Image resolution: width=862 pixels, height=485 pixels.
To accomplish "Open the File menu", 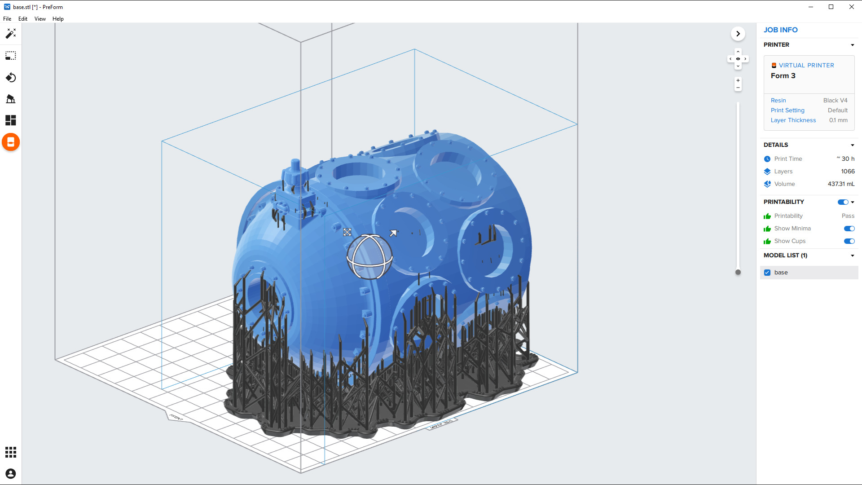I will (x=7, y=19).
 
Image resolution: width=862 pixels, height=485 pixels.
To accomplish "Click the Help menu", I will (x=58, y=19).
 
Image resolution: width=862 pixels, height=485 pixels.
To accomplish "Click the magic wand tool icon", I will (x=11, y=34).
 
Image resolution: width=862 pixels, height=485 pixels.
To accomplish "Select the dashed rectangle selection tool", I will (x=11, y=56).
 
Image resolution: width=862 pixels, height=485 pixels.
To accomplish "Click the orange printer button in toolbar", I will (x=11, y=142).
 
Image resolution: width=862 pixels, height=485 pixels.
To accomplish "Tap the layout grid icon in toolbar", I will (x=11, y=120).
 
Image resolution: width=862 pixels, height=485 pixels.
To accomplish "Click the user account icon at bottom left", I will (x=11, y=474).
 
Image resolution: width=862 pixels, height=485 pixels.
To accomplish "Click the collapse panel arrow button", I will (x=738, y=34).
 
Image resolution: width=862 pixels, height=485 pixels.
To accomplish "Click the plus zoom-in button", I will (x=738, y=80).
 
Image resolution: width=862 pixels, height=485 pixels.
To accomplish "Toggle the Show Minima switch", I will (x=849, y=229).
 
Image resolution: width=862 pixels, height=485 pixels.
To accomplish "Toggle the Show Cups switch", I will (x=849, y=241).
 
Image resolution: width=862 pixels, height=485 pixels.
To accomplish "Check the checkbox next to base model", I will (x=767, y=273).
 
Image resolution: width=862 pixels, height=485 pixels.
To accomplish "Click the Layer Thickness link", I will (x=793, y=120).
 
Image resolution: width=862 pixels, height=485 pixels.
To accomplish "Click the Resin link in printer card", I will (x=778, y=101).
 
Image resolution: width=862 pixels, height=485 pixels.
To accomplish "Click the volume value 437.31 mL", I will (x=841, y=184).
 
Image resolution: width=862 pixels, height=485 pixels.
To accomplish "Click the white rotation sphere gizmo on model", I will (x=369, y=257).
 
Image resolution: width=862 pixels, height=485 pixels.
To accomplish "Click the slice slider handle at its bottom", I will (x=738, y=272).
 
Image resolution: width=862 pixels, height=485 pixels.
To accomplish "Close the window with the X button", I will (x=851, y=7).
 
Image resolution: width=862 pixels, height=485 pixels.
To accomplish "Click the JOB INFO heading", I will (x=780, y=30).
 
